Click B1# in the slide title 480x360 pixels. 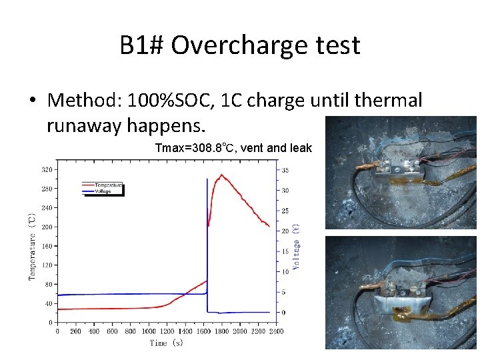(x=141, y=46)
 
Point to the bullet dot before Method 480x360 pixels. (x=32, y=101)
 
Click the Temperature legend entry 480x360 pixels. (x=107, y=184)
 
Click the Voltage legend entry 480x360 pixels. (x=103, y=191)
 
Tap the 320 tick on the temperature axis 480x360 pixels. (x=47, y=169)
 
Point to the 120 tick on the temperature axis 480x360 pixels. (x=47, y=265)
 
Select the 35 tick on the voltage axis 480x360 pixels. (x=285, y=170)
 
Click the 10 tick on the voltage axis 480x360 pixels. (x=285, y=271)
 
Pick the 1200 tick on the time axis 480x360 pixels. (x=167, y=331)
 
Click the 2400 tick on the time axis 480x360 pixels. (x=275, y=331)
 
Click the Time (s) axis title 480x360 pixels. (x=166, y=343)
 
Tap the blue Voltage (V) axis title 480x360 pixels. (x=297, y=246)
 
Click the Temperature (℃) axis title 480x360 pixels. (x=32, y=247)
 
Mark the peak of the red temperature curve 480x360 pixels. (x=222, y=175)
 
